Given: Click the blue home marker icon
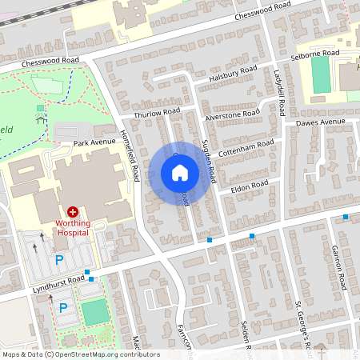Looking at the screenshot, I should coord(180,173).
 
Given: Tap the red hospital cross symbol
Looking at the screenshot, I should coord(73,212).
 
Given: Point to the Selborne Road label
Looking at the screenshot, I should coord(315,53).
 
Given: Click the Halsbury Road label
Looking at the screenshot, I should coord(232,73).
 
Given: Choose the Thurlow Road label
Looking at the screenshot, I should coord(158,114).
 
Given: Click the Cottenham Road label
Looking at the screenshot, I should coord(246,148).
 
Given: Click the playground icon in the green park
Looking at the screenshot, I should coord(40,121).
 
